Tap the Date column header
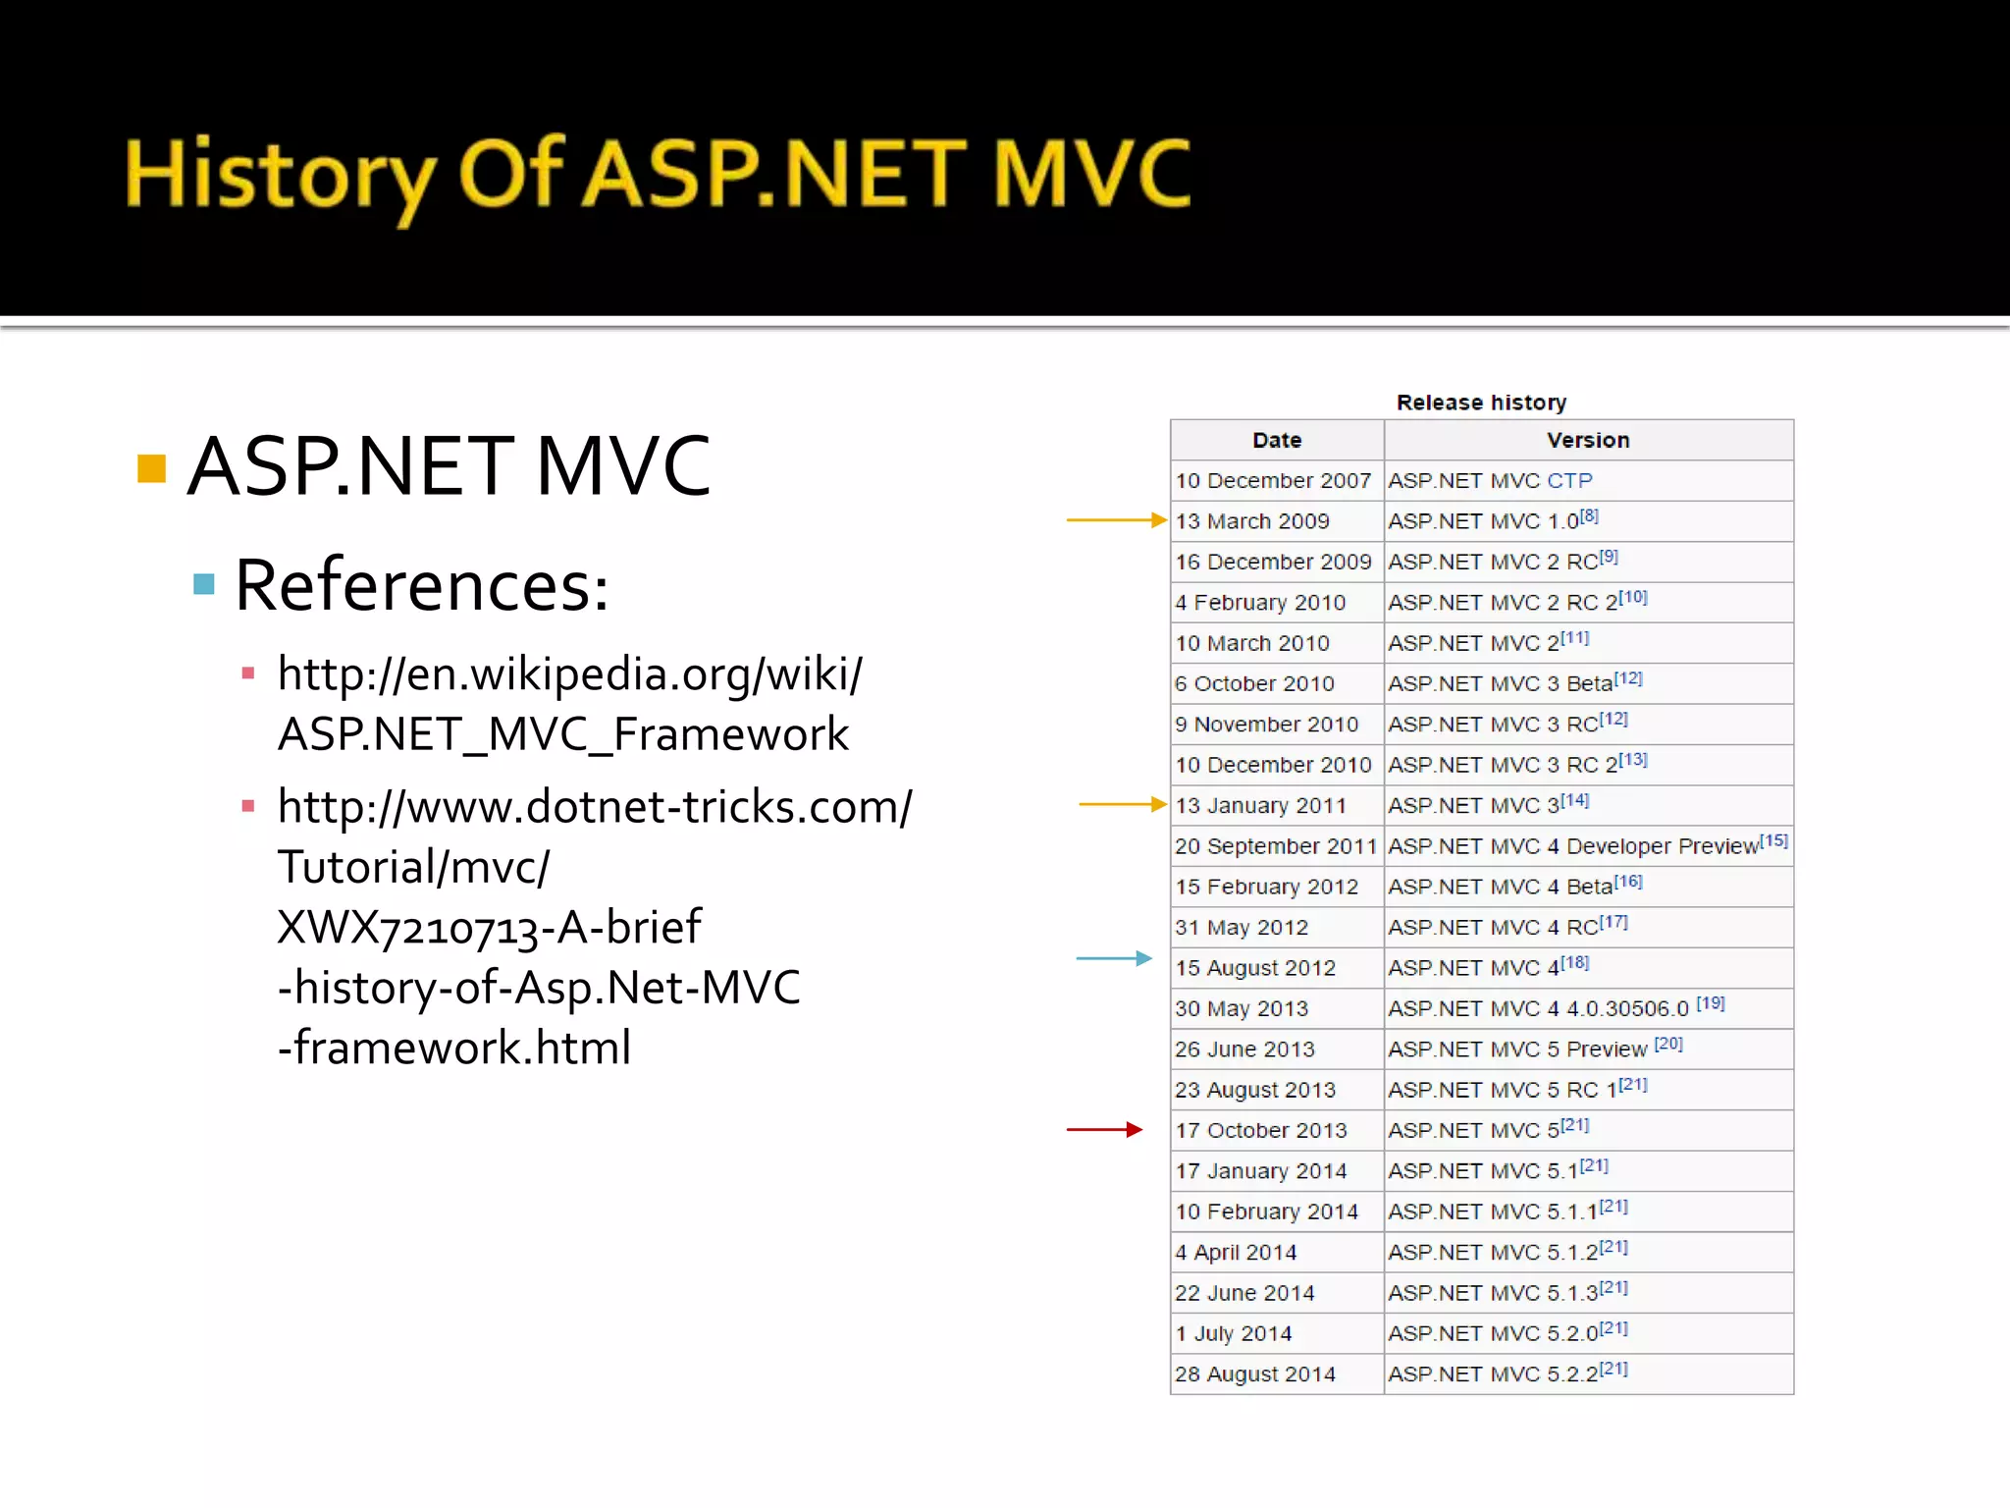(1276, 440)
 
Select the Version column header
(1587, 440)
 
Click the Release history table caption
(1480, 403)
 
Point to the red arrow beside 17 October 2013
(1104, 1130)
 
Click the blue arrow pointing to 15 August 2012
(1113, 958)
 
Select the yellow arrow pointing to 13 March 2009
(1115, 519)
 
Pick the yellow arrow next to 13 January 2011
(1121, 804)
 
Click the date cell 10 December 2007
(1273, 481)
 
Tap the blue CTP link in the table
(1569, 481)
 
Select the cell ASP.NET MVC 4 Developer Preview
(1572, 846)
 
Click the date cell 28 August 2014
(1254, 1374)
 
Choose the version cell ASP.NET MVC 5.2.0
(1494, 1333)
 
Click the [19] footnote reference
(1710, 1003)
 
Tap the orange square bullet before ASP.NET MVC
(151, 468)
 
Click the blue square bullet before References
(204, 585)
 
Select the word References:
(422, 586)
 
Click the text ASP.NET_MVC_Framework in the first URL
(562, 734)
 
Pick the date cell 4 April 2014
(1236, 1253)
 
